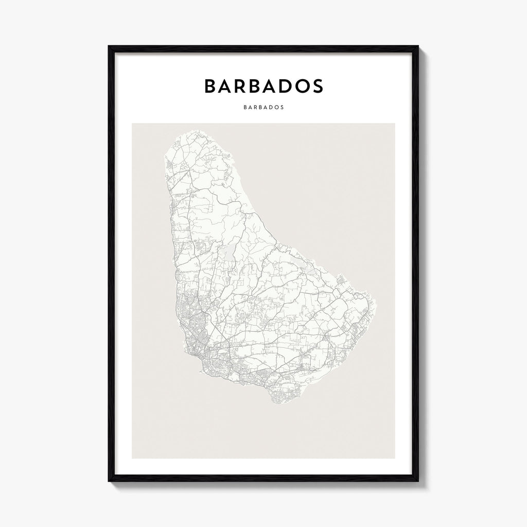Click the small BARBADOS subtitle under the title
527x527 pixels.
tap(263, 109)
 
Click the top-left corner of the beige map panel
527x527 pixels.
tap(132, 124)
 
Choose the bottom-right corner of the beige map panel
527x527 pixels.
tap(395, 458)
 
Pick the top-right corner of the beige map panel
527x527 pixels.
tap(395, 124)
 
